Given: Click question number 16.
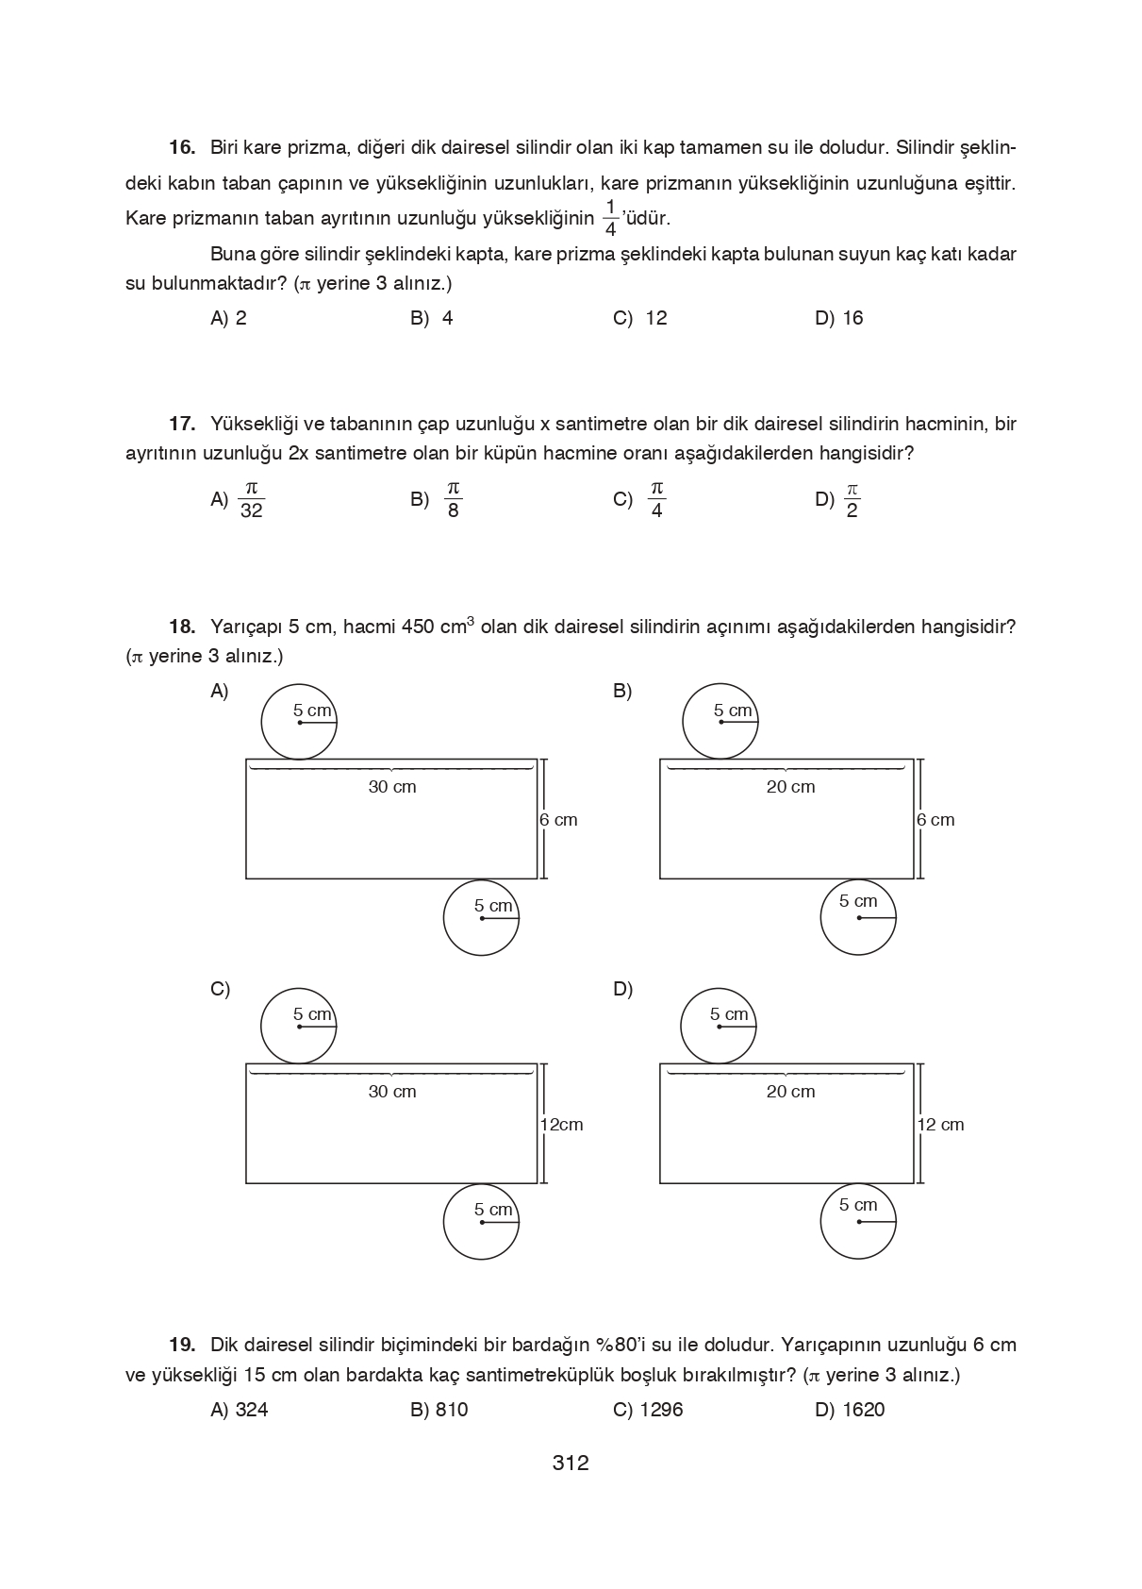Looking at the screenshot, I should coord(182,147).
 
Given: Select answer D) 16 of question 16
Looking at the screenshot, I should coord(838,318).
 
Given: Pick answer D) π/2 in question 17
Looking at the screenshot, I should coord(838,499).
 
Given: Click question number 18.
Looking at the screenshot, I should coord(182,627).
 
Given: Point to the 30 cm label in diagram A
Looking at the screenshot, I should coord(391,787).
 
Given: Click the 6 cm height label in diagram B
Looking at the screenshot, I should coord(935,820).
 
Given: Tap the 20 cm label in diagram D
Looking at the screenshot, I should coord(790,1092).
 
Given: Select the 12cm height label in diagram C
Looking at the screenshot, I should coord(561,1125).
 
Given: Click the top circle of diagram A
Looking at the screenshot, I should coord(299,722).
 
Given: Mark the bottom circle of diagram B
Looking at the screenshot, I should coord(857,917).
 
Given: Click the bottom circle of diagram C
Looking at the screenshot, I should coord(481,1222).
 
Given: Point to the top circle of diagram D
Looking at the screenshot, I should coord(719,1027).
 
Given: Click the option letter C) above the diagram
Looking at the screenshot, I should coord(220,989).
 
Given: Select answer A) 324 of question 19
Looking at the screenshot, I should coord(239,1410).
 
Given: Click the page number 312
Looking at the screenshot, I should coord(571,1464).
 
